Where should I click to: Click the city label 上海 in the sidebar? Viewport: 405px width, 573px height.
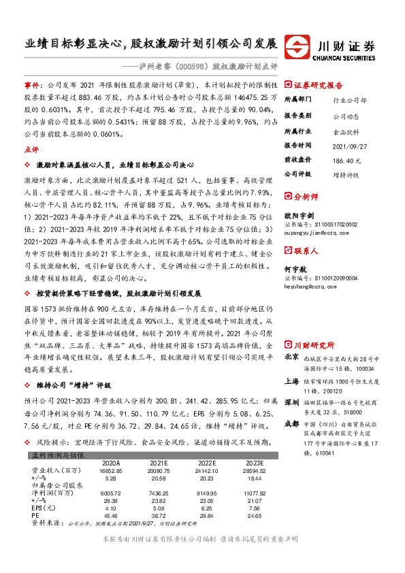pos(291,382)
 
